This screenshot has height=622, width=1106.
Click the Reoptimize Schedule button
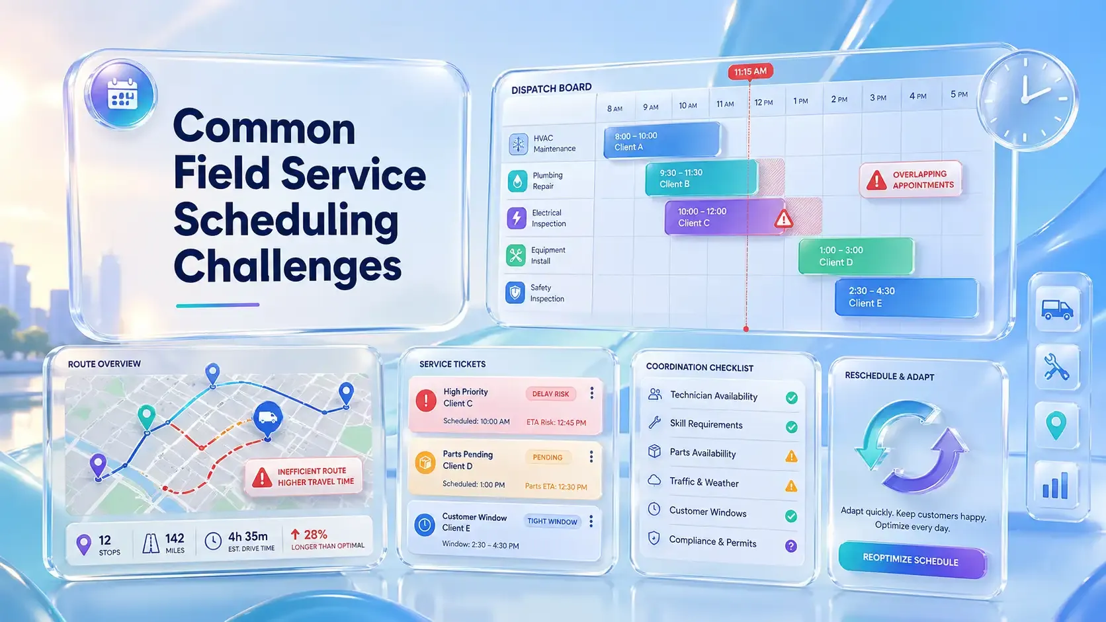tap(911, 560)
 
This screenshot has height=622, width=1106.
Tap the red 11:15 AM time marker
tap(750, 71)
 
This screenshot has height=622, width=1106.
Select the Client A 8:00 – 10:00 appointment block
tap(661, 141)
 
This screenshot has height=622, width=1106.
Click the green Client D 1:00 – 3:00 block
tap(855, 256)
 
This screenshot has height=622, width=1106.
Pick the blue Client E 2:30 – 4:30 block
tap(906, 297)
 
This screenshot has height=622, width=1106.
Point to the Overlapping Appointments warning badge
tap(911, 179)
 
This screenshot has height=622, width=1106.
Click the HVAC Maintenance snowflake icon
tap(518, 143)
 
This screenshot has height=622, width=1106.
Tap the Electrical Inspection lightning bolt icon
tap(516, 218)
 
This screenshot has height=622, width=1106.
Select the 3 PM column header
tap(878, 98)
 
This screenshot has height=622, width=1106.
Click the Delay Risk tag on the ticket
tap(550, 394)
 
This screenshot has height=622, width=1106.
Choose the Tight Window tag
tap(552, 522)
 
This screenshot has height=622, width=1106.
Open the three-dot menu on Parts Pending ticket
tap(591, 457)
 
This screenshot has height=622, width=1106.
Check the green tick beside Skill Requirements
tap(791, 427)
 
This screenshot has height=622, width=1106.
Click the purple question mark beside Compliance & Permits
tap(790, 546)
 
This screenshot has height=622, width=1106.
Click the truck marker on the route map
tap(267, 418)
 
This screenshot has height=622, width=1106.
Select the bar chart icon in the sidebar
tap(1056, 486)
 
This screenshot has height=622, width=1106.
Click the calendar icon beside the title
tap(122, 95)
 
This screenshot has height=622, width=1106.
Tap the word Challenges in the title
tap(287, 266)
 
